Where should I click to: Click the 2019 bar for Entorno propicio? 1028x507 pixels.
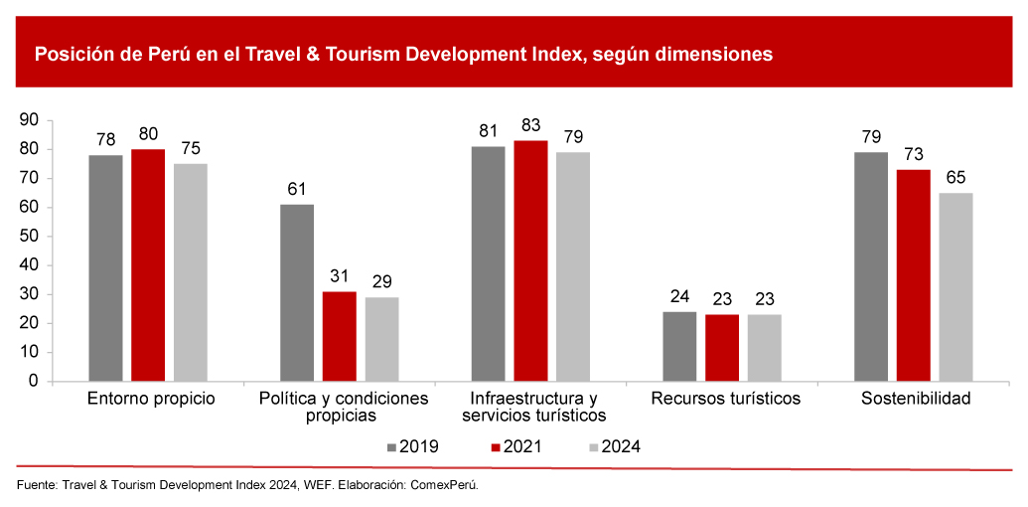(105, 268)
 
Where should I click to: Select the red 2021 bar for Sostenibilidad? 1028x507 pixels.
(914, 275)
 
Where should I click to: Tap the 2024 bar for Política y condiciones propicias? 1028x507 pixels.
(381, 339)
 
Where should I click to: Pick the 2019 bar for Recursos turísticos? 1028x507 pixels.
(679, 346)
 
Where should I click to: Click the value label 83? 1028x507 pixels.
(530, 125)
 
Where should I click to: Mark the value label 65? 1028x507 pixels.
(955, 178)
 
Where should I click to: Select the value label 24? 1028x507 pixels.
(679, 297)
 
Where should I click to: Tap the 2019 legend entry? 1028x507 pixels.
(413, 446)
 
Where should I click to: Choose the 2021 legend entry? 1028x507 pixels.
(515, 446)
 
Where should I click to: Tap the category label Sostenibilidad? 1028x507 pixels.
(915, 399)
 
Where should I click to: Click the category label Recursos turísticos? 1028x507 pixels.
(726, 399)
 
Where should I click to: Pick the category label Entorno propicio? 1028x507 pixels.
(151, 399)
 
